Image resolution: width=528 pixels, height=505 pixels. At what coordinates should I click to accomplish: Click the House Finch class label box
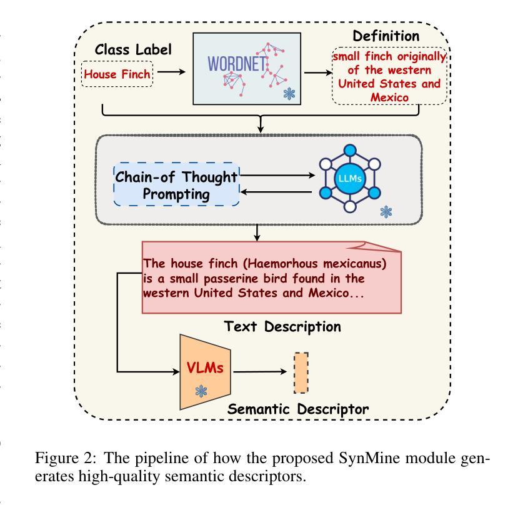[x=117, y=74]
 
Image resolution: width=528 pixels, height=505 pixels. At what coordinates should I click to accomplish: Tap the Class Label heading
[x=133, y=49]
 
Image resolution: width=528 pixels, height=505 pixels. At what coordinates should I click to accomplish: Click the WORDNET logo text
[x=237, y=64]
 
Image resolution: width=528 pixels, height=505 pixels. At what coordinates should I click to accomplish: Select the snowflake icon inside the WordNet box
[x=289, y=93]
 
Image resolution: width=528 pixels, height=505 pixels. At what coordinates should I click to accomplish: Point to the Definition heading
[x=386, y=36]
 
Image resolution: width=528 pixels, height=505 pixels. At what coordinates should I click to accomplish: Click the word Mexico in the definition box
[x=389, y=97]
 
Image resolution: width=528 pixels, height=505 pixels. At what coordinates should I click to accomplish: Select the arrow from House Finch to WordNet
[x=171, y=72]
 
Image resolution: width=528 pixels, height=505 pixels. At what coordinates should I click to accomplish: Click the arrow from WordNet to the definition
[x=318, y=72]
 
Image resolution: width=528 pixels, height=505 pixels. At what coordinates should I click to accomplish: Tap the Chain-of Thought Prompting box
[x=176, y=184]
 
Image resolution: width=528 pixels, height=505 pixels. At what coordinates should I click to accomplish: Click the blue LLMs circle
[x=350, y=178]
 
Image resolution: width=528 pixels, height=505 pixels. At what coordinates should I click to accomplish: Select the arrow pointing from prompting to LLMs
[x=277, y=175]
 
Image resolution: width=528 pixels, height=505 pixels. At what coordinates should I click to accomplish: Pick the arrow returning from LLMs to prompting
[x=276, y=192]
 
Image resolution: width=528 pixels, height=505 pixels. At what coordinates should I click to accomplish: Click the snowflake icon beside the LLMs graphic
[x=386, y=212]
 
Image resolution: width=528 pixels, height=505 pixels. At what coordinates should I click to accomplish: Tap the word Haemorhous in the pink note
[x=282, y=263]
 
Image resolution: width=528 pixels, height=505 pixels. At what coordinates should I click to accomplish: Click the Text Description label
[x=282, y=326]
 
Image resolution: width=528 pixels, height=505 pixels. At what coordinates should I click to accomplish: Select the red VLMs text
[x=205, y=367]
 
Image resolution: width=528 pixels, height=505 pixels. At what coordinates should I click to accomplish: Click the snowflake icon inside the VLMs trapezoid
[x=201, y=391]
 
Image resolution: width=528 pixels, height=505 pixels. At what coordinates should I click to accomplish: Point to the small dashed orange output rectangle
[x=301, y=373]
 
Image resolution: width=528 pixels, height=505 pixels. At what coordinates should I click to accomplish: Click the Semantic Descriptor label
[x=297, y=409]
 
